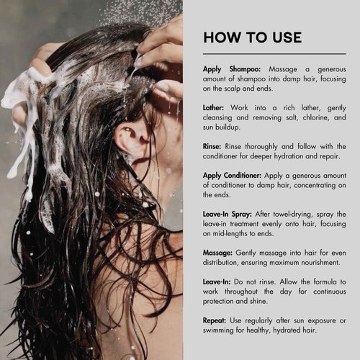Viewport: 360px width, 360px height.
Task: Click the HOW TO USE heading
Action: point(252,37)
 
